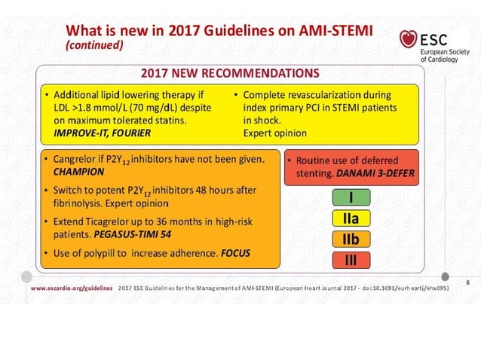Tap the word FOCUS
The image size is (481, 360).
(x=235, y=254)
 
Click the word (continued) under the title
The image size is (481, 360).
(x=94, y=45)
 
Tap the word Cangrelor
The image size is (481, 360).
(x=74, y=159)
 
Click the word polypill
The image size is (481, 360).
(x=103, y=254)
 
